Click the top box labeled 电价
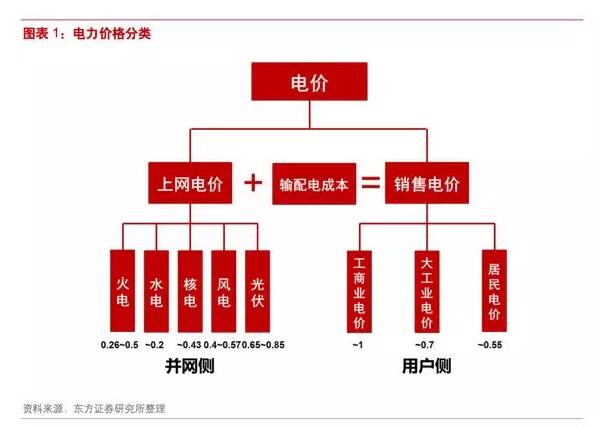point(309,82)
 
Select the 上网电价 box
point(190,183)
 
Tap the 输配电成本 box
point(314,184)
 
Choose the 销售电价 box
point(427,183)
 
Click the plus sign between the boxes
point(253,183)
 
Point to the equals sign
point(371,182)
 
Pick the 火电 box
point(123,291)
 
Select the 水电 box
point(156,291)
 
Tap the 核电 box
point(190,291)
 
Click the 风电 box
point(224,291)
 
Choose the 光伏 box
point(257,291)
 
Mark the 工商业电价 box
point(359,292)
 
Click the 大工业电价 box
point(427,292)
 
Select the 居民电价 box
point(494,291)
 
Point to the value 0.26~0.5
point(120,345)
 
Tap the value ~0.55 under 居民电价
point(490,345)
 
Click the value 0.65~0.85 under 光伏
point(263,345)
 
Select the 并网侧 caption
point(190,366)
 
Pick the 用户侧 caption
point(427,366)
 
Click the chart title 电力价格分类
point(112,34)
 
